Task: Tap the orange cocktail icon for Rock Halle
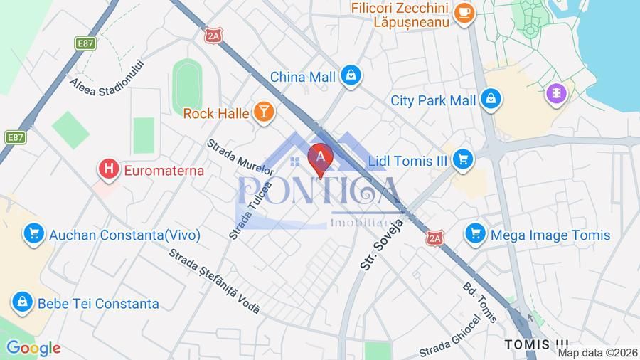point(264,112)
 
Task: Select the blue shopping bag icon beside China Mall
point(350,76)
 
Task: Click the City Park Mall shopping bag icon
point(491,100)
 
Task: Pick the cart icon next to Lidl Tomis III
point(462,160)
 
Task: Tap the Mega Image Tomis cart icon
point(475,234)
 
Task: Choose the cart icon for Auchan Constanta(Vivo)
point(33,234)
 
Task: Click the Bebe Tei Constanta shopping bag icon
point(23,303)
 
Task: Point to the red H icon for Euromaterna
point(109,169)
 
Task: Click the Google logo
point(33,348)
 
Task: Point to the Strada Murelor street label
point(240,157)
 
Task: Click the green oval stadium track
point(186,86)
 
